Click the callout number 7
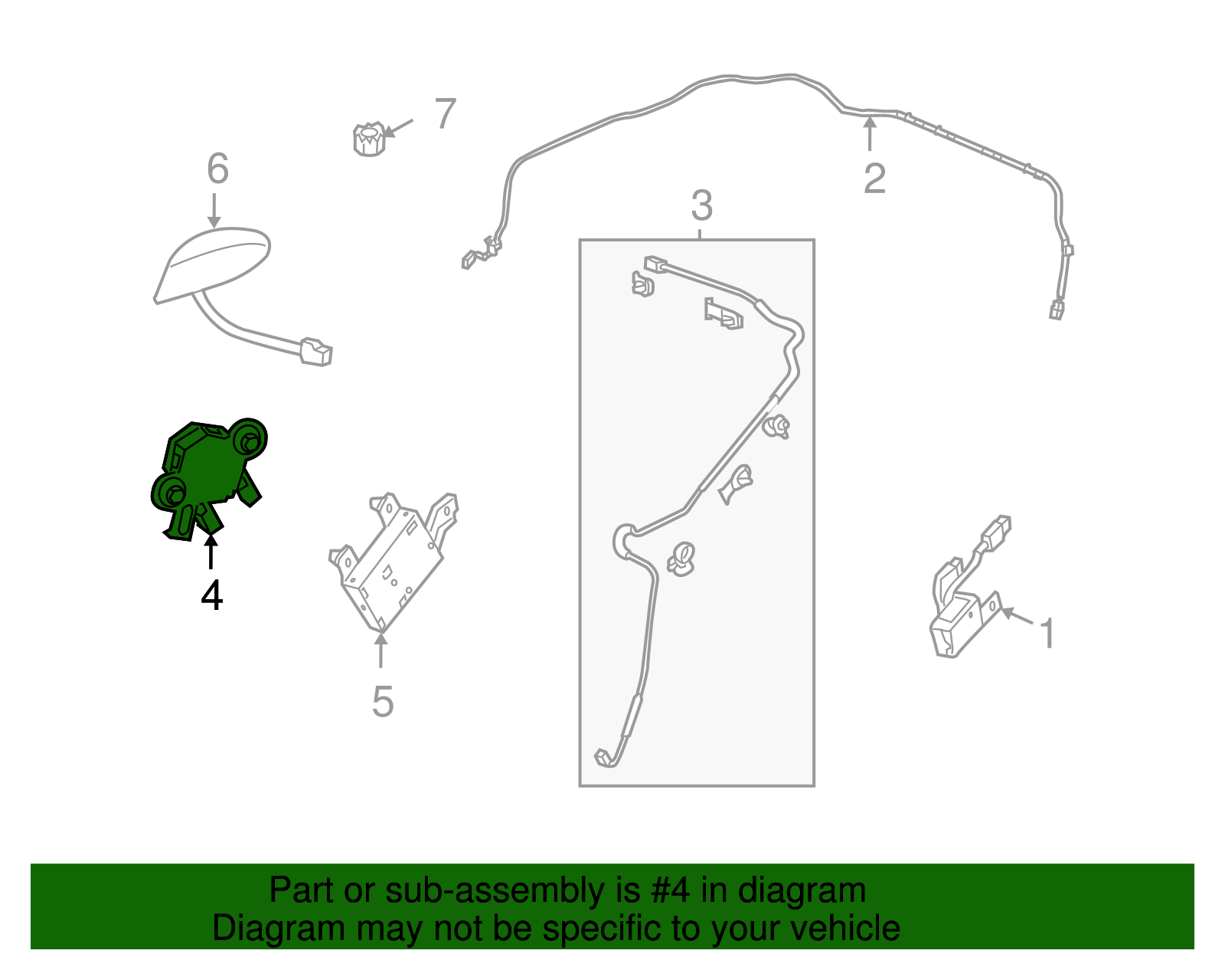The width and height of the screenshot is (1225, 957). (446, 113)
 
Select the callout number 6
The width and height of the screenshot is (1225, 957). (218, 168)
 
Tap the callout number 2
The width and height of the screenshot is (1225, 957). (874, 179)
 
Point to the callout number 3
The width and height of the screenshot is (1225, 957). (702, 205)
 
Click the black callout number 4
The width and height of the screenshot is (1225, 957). (212, 595)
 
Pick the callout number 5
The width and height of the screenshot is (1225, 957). (382, 702)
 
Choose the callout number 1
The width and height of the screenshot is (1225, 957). (1047, 634)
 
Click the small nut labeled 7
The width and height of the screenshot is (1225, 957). (369, 139)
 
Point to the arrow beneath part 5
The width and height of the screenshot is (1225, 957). (381, 651)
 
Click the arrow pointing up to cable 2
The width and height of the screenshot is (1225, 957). (870, 133)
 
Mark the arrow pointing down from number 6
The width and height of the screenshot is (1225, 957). (214, 211)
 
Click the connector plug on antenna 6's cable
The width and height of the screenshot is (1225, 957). (316, 352)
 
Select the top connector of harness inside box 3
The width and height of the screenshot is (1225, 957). (655, 264)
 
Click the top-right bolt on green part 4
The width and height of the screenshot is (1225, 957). (249, 441)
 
